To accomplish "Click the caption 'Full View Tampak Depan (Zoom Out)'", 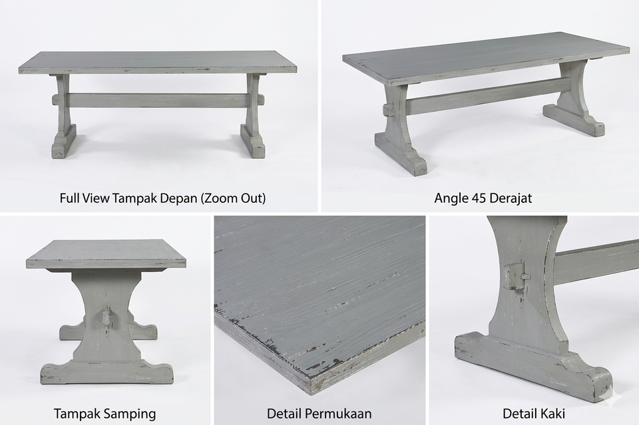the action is click(162, 198).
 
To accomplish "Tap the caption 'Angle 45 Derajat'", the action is click(483, 198).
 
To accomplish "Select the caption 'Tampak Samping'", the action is click(105, 414).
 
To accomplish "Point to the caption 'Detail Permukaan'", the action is click(319, 414).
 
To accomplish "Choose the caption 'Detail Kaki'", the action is click(533, 414).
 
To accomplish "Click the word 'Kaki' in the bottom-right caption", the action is click(552, 414).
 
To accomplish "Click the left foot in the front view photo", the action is click(64, 141).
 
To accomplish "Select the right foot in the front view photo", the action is click(253, 141).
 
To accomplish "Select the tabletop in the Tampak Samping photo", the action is click(106, 255).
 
